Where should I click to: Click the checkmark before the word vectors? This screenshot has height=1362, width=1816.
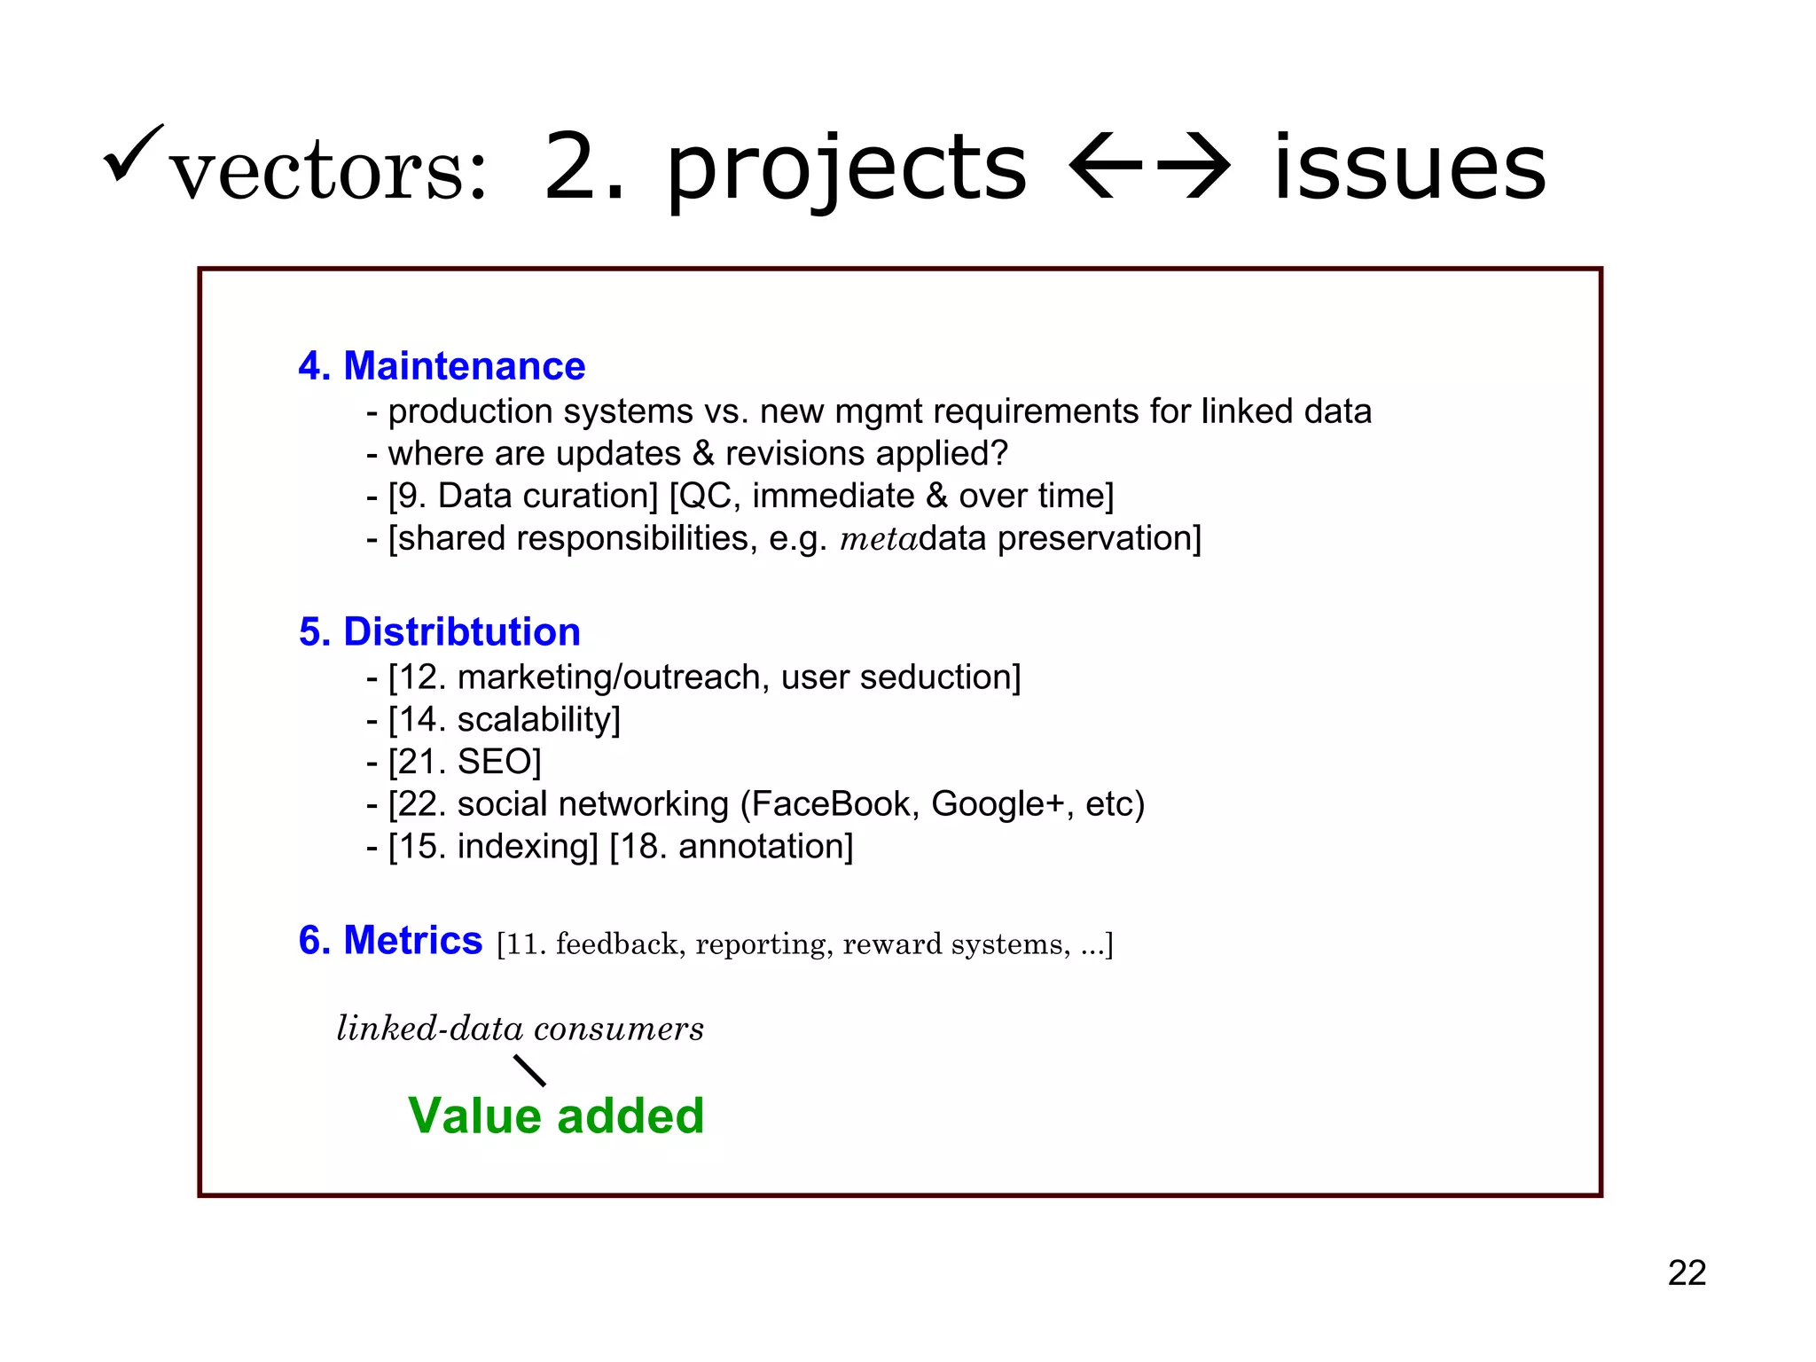point(133,153)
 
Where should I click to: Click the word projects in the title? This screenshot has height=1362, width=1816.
point(846,168)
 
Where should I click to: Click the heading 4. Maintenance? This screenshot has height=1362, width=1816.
point(442,366)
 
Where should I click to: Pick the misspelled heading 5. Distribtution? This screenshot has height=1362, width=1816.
point(439,632)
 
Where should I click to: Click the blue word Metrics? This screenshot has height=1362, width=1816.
point(412,941)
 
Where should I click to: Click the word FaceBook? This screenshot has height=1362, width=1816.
point(831,804)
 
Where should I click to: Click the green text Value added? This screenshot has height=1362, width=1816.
point(556,1115)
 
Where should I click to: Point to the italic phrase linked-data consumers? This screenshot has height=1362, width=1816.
point(521,1029)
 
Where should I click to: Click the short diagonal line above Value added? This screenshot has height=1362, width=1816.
point(530,1070)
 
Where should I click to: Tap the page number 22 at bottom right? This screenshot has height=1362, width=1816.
point(1687,1273)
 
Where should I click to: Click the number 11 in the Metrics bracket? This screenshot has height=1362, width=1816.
point(523,944)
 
